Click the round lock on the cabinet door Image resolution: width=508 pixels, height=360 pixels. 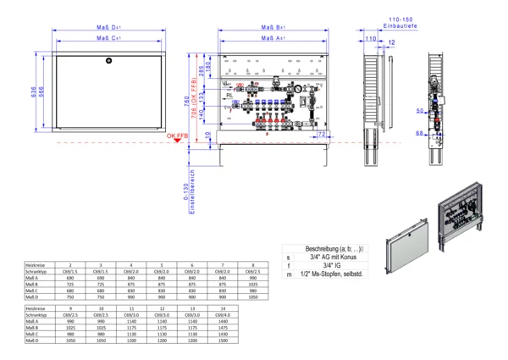(x=107, y=61)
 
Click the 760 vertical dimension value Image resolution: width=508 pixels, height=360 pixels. (x=186, y=100)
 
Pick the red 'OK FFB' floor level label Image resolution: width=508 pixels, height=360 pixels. (x=176, y=136)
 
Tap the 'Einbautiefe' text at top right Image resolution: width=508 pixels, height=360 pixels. (x=401, y=26)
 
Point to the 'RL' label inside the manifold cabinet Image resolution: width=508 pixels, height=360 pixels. (x=229, y=96)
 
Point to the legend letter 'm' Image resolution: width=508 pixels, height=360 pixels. (x=289, y=274)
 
